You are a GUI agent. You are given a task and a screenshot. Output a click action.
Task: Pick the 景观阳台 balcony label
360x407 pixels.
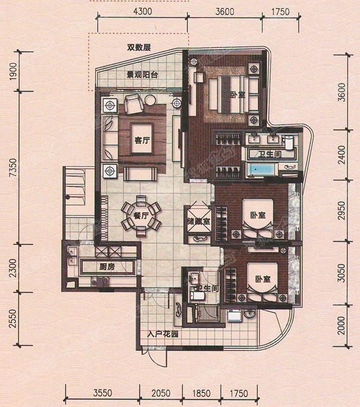click(x=142, y=76)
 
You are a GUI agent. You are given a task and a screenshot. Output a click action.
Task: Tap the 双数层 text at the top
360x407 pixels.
click(x=137, y=50)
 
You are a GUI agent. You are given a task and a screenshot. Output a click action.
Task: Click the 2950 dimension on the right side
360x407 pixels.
click(x=341, y=212)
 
